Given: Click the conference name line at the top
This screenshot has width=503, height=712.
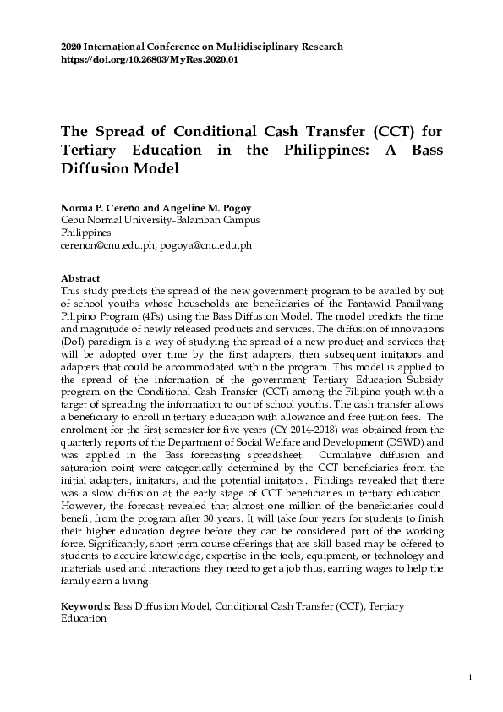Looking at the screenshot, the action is tap(202, 46).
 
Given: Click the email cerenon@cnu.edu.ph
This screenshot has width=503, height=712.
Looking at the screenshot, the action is tap(109, 244).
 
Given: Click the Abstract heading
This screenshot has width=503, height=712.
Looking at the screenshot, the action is tap(81, 278).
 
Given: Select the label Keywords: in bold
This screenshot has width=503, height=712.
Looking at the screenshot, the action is tap(87, 606).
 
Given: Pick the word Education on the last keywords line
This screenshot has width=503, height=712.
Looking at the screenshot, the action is tap(84, 618).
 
